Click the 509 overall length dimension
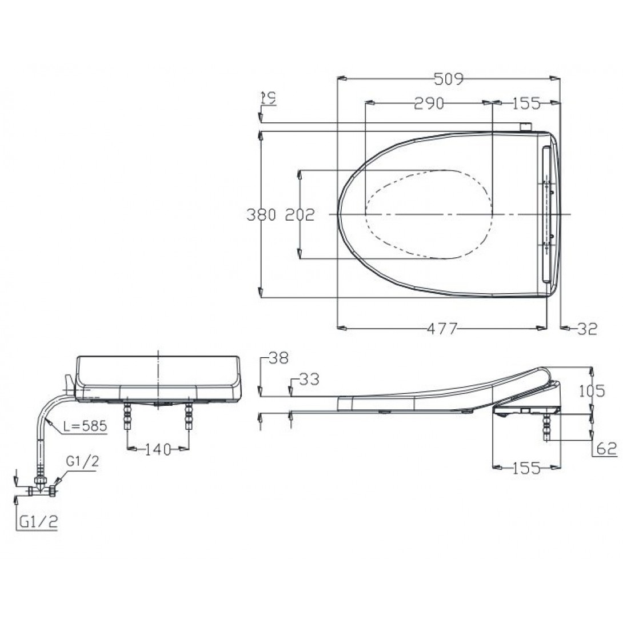[449, 79]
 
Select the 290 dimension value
[429, 103]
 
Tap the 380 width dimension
[261, 215]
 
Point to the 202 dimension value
[300, 215]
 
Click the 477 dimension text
[442, 329]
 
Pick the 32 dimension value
[587, 329]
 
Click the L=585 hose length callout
[85, 426]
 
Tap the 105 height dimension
[592, 391]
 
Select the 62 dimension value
[606, 449]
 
